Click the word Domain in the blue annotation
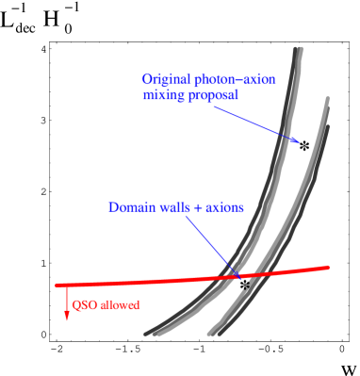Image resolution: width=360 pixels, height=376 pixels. pos(130,207)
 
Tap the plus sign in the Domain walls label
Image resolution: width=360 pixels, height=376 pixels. pos(196,207)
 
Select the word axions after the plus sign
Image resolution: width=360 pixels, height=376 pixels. pos(223,207)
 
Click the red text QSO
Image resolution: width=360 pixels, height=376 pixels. pos(84,305)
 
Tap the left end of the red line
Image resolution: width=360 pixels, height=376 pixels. pos(57,284)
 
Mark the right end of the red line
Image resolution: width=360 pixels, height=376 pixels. pos(328,268)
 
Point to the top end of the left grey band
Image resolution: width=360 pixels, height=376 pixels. pos(299,49)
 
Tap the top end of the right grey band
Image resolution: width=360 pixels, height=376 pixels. pos(327,98)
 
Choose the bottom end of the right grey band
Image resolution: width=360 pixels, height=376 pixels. pos(213,333)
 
